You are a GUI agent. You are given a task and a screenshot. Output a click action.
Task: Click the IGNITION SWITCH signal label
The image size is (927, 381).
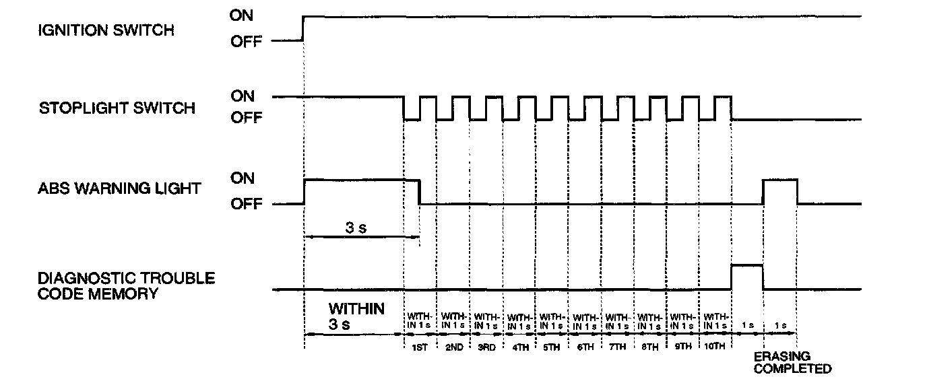coord(106,30)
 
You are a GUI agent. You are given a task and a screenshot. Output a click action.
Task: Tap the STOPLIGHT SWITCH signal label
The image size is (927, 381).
coord(117,108)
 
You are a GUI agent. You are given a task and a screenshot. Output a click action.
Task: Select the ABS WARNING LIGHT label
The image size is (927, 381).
coord(119,188)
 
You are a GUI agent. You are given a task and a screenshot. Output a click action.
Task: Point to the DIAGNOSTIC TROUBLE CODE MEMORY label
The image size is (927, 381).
coord(126,285)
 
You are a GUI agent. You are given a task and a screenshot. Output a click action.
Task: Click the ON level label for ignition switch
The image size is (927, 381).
coord(242,16)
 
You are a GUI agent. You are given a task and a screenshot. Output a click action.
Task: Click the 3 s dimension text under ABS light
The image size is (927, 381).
coord(356,228)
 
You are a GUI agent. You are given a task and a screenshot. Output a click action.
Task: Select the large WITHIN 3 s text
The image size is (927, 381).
coord(356,316)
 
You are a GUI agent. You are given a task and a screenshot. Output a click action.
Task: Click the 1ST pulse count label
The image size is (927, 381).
coord(419,347)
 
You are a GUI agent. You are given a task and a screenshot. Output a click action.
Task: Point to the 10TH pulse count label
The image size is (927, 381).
coord(715,347)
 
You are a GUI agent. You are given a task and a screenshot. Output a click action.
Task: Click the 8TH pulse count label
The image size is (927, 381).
coord(649,347)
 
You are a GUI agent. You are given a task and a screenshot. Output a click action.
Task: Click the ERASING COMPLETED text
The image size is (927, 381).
coord(792,362)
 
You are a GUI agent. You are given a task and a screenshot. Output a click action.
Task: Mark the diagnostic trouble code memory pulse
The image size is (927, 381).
coord(746,276)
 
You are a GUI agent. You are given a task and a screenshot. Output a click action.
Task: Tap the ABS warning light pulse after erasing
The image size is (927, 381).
coord(779,191)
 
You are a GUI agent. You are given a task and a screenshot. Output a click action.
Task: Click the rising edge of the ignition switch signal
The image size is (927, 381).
coord(304,28)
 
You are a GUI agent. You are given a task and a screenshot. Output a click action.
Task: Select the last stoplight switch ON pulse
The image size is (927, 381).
coord(722,108)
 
